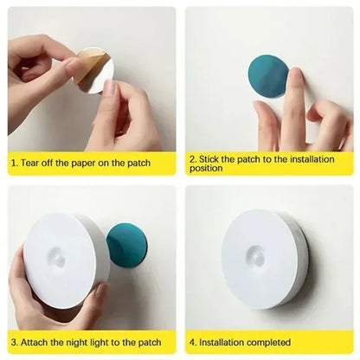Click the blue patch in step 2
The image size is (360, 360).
click(x=267, y=80)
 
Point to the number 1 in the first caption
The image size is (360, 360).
click(x=13, y=162)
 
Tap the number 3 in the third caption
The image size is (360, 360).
click(x=13, y=343)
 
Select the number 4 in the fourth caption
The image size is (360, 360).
click(x=192, y=343)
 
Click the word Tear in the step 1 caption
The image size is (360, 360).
click(x=30, y=162)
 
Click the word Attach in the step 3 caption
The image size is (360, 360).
click(x=35, y=343)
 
